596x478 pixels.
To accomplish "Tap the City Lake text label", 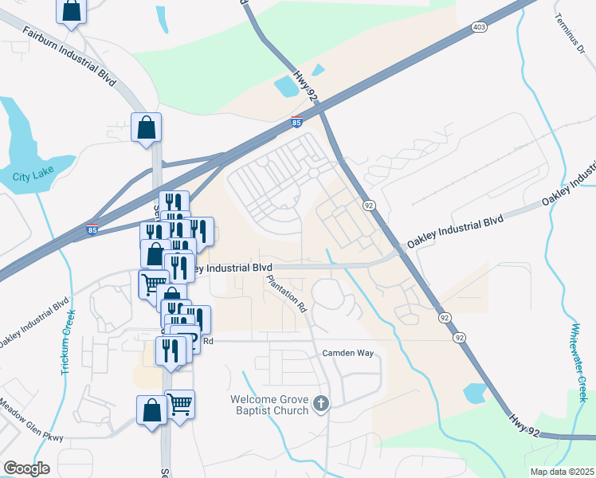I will pos(31,176).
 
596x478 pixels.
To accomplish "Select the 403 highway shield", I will pos(479,27).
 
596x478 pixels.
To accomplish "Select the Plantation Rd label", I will pos(287,293).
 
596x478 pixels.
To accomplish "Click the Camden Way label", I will pos(347,352).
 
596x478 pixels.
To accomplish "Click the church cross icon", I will pos(320,404).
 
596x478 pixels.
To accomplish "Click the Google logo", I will pos(26,468).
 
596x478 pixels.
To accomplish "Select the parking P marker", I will pos(186,338).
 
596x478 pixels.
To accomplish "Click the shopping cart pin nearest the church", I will pos(179,404).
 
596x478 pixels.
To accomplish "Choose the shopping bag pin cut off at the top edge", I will pos(71,10).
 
